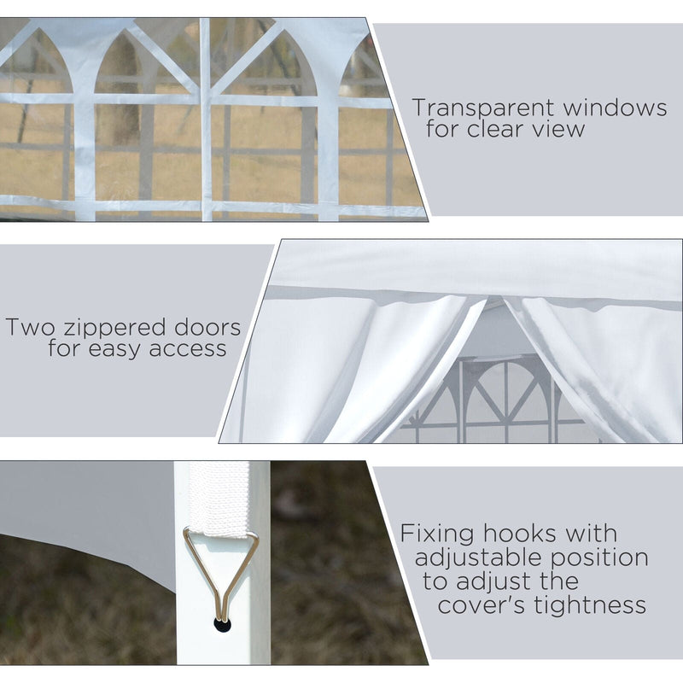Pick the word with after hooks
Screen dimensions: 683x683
point(591,534)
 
